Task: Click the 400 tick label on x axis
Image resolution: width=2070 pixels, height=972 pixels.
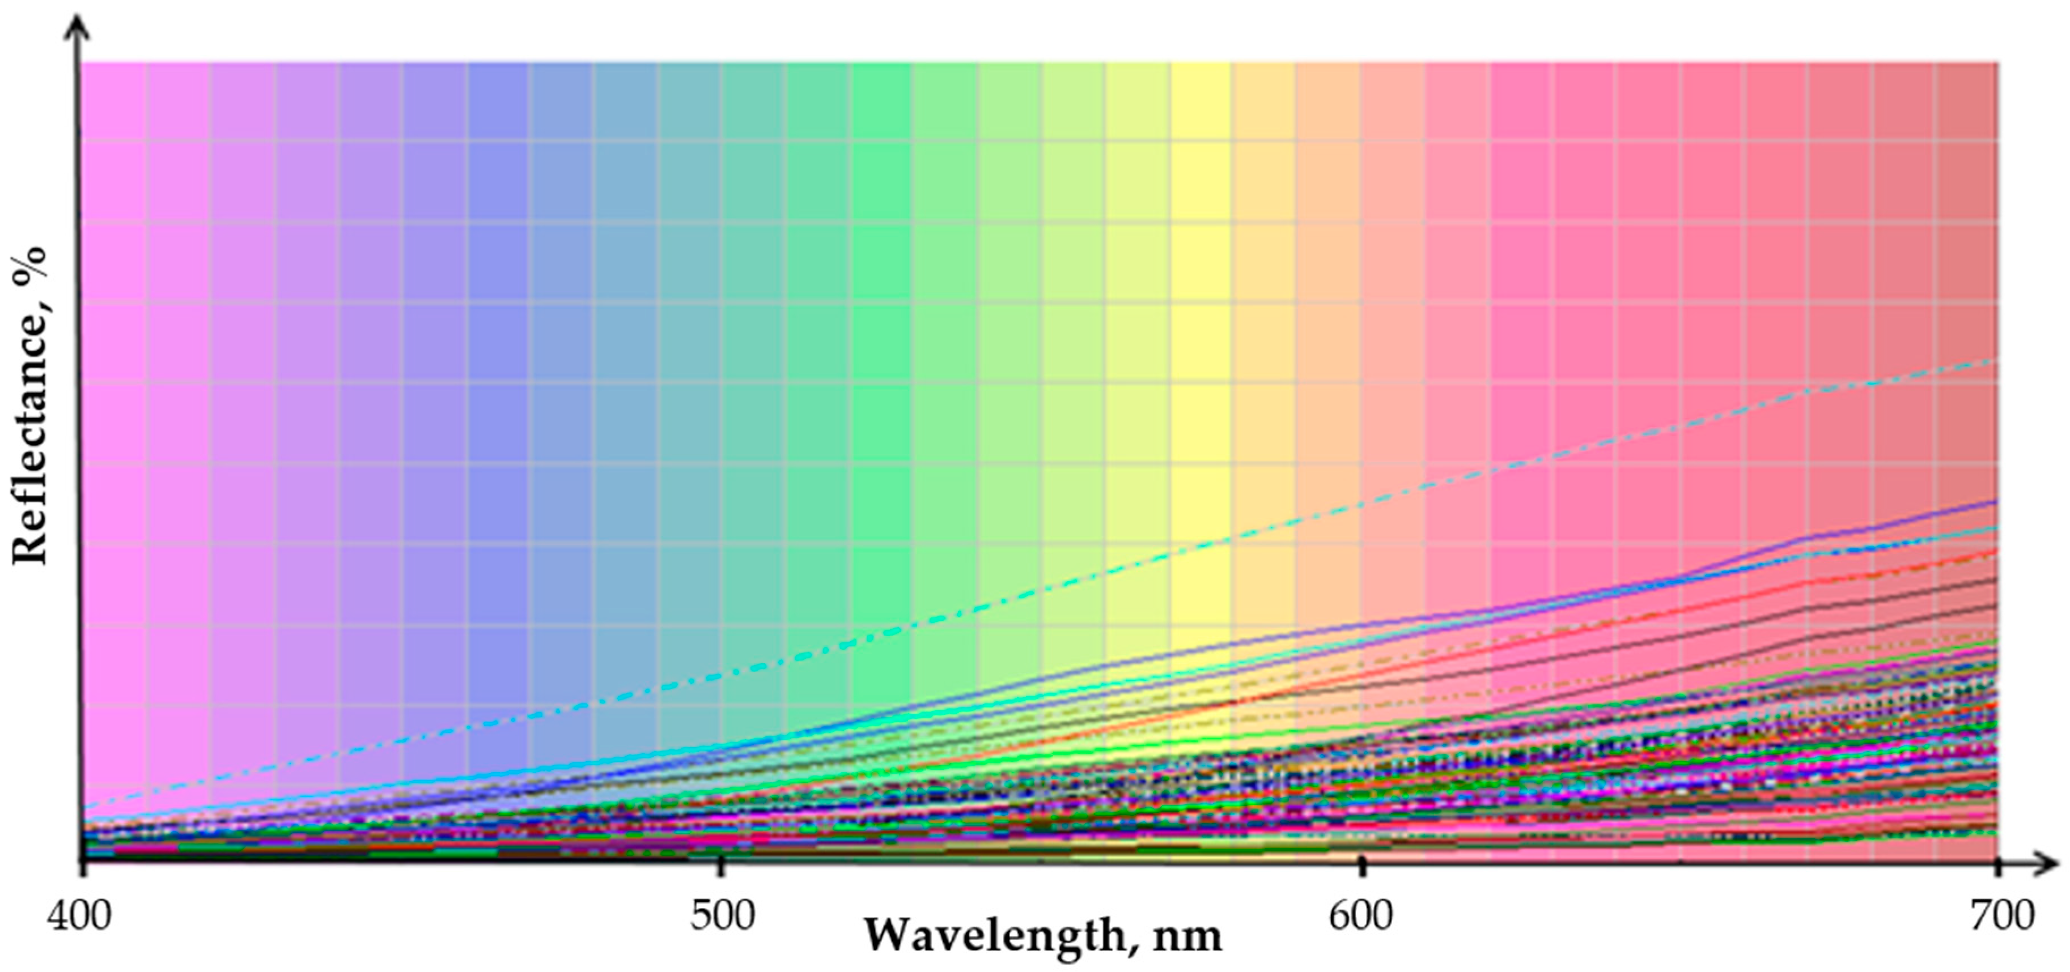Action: point(79,916)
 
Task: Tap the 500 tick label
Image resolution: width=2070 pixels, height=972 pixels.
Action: point(722,916)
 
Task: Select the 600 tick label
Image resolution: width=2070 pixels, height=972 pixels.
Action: point(1360,916)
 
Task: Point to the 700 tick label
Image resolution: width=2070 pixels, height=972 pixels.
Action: point(2001,916)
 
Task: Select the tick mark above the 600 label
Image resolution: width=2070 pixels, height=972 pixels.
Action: point(1361,866)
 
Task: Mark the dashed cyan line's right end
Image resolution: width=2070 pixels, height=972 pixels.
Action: point(1997,359)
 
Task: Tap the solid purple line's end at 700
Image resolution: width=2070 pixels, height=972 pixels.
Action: point(1997,501)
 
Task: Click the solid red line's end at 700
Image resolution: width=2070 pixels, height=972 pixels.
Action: point(1997,552)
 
